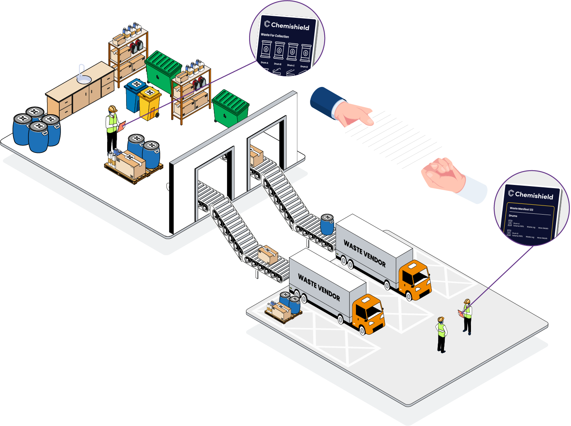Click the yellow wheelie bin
click(x=149, y=103)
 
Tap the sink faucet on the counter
click(x=81, y=71)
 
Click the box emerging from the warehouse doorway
click(x=256, y=156)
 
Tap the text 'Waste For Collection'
click(x=275, y=36)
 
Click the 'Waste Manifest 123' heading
click(x=521, y=209)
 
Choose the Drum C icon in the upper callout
click(x=292, y=52)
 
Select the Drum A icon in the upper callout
click(x=266, y=50)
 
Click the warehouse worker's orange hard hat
click(x=113, y=108)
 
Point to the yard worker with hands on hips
click(x=441, y=334)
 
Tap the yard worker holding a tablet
click(x=467, y=316)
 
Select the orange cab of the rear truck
click(x=414, y=279)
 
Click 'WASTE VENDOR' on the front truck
click(x=319, y=288)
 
